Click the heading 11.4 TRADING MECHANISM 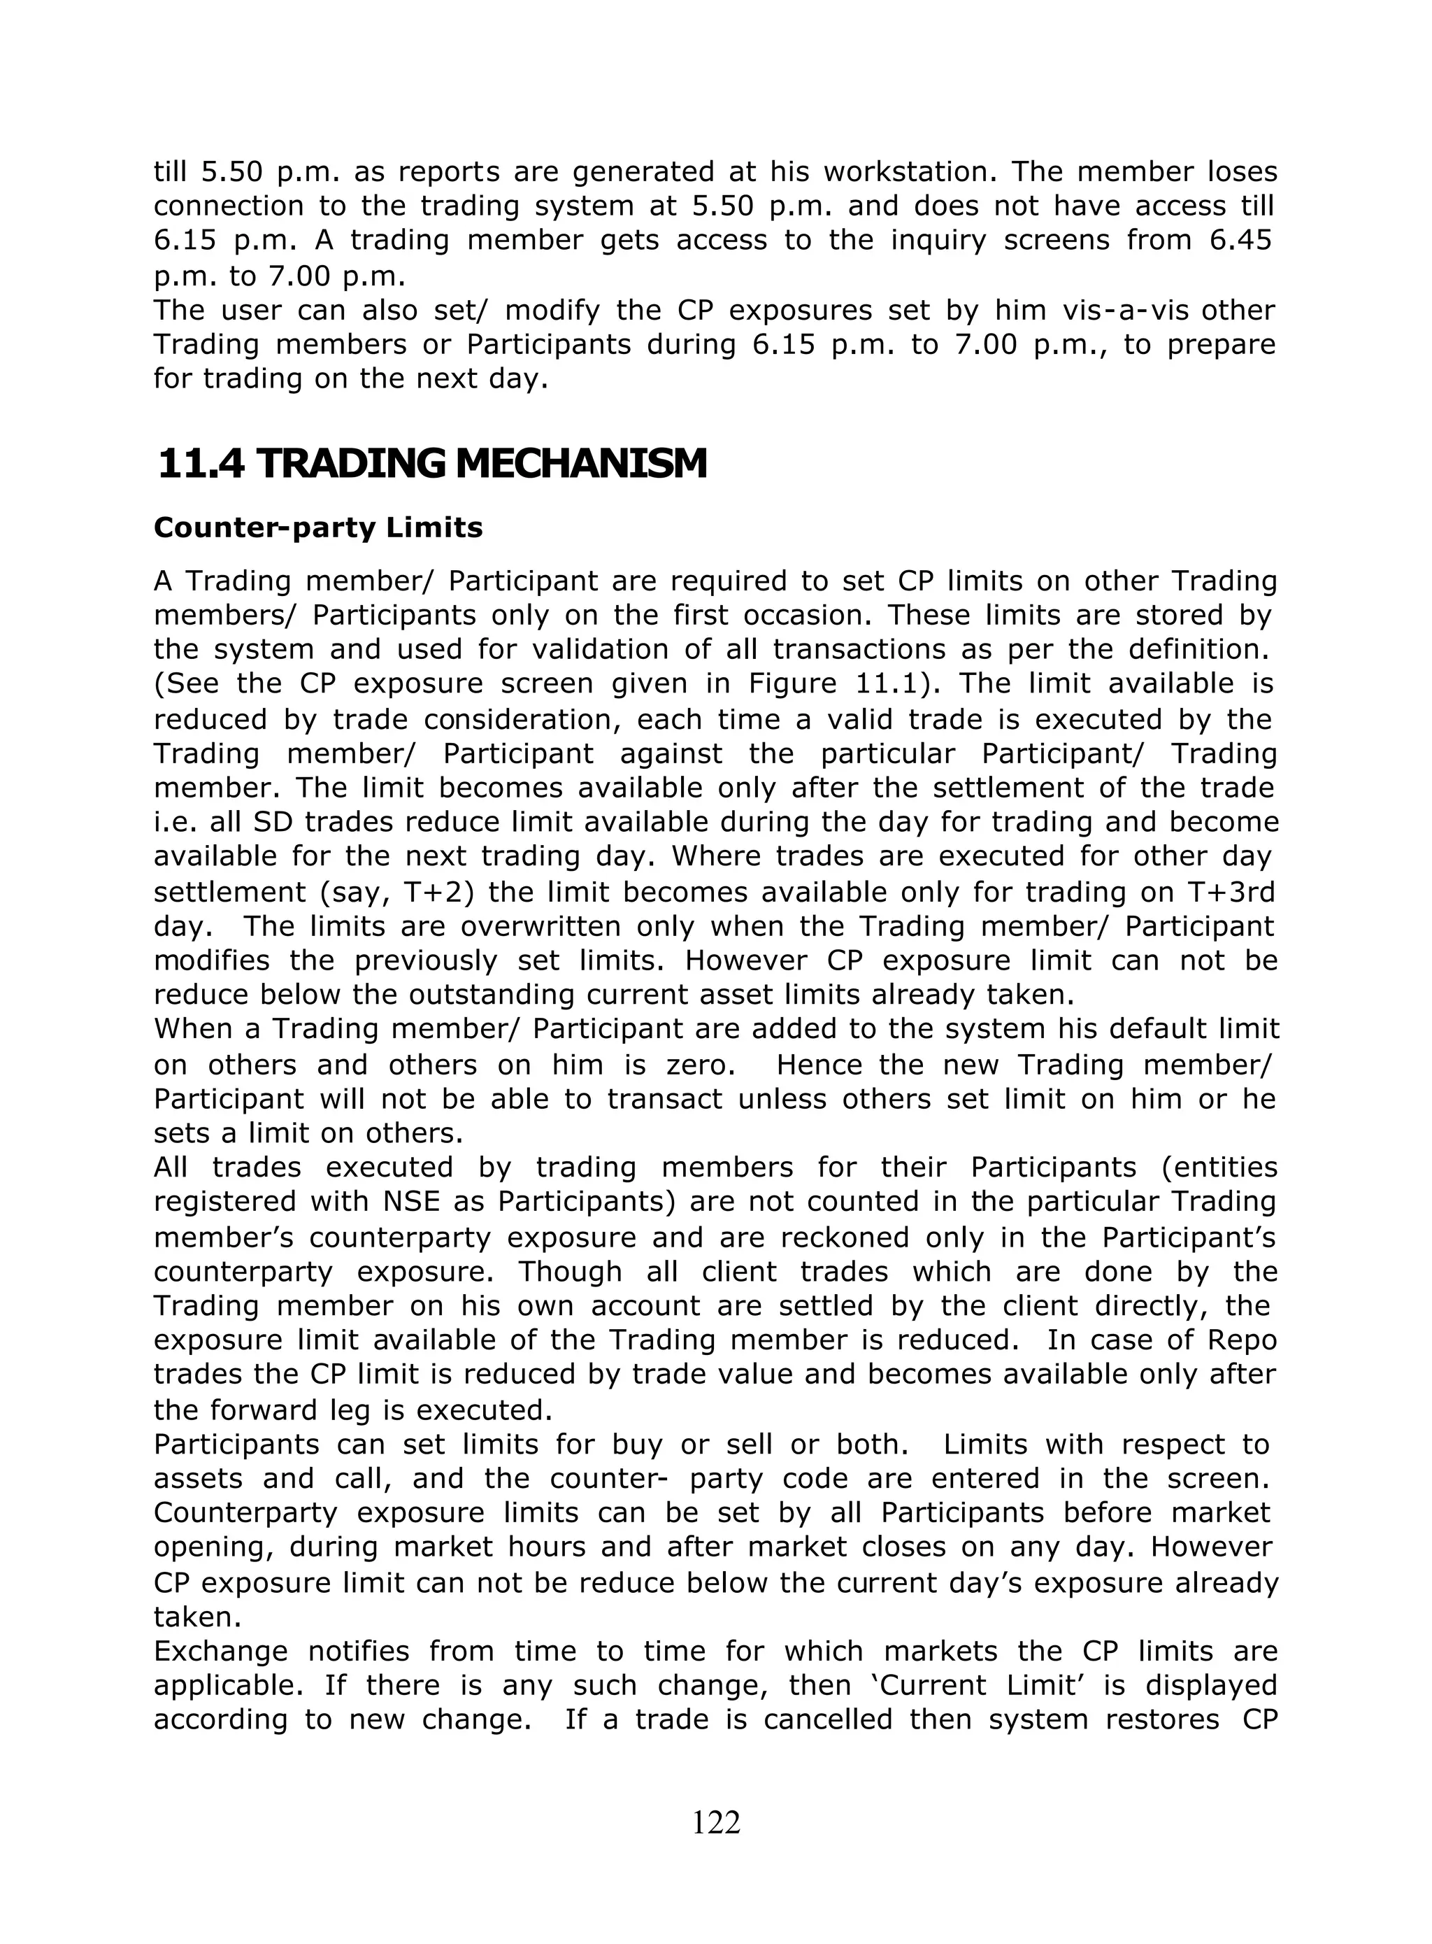click(431, 464)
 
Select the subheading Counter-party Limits click(317, 527)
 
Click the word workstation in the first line click(907, 171)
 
